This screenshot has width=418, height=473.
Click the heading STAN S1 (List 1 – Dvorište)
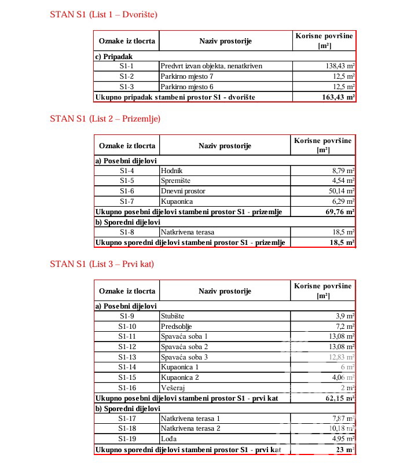pyautogui.click(x=104, y=14)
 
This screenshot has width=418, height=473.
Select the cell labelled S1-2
pyautogui.click(x=127, y=76)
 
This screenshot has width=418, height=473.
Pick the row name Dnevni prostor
pyautogui.click(x=183, y=191)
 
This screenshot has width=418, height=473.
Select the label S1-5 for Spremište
pyautogui.click(x=127, y=181)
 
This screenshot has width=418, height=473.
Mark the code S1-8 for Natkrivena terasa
pyautogui.click(x=127, y=232)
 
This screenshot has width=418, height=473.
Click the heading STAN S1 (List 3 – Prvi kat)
pyautogui.click(x=102, y=264)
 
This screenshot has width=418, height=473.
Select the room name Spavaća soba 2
pyautogui.click(x=184, y=347)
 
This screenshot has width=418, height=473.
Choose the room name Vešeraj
pyautogui.click(x=171, y=388)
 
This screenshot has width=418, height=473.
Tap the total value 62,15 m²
pyautogui.click(x=338, y=398)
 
